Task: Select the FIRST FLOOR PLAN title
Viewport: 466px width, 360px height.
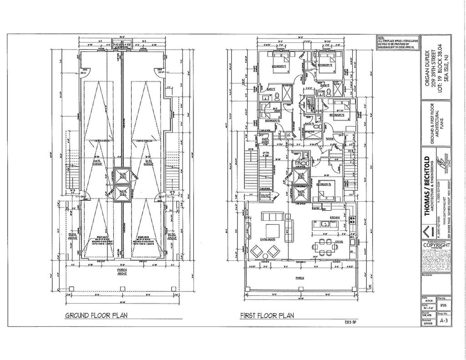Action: [267, 315]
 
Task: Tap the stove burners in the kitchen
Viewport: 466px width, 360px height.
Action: [351, 221]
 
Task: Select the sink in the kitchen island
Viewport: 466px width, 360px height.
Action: [325, 224]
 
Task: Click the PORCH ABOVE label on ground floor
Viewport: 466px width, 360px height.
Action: [121, 272]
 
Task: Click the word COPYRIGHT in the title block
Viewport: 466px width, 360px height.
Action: [436, 245]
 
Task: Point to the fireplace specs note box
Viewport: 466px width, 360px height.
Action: [392, 42]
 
